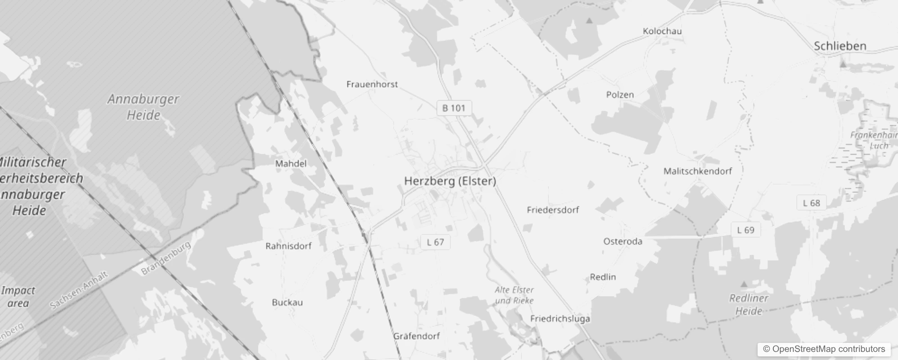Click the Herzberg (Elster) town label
[450, 181]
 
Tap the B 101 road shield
[454, 108]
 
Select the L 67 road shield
[435, 242]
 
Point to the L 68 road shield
[812, 203]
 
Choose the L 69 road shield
[745, 230]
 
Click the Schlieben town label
[840, 46]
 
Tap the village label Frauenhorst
[372, 84]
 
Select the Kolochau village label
[662, 31]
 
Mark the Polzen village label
[620, 94]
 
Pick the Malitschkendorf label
[698, 171]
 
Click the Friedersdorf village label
[553, 210]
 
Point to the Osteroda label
[623, 241]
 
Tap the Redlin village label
[603, 277]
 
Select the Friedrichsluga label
[560, 319]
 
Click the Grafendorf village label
[417, 336]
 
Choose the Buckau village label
[287, 302]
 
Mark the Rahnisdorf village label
[288, 246]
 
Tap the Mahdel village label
[291, 163]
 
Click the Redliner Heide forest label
[749, 305]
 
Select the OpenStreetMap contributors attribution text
[824, 349]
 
